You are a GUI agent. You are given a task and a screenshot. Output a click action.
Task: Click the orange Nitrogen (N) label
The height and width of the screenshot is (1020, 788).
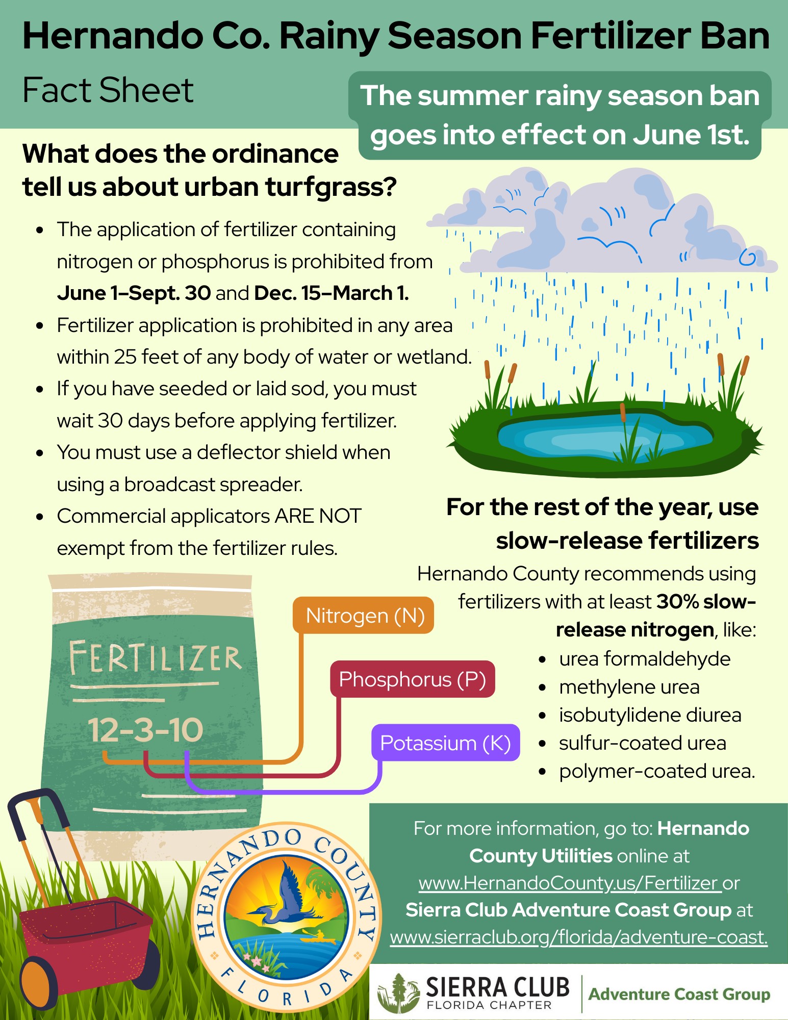pos(364,616)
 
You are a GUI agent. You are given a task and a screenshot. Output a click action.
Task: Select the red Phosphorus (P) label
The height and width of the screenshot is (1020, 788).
pos(413,679)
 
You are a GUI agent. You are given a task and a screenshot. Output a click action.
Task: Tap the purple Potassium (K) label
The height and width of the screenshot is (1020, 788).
pos(445,743)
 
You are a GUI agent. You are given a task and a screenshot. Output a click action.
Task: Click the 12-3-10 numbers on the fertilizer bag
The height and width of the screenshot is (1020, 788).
pos(145,730)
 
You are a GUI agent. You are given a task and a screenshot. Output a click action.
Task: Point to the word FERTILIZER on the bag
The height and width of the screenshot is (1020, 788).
pos(155,657)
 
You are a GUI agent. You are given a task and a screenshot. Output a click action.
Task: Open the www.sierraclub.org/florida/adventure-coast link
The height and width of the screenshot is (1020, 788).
pos(579,937)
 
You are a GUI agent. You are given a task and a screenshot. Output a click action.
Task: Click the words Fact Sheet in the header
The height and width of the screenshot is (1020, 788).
pos(108,90)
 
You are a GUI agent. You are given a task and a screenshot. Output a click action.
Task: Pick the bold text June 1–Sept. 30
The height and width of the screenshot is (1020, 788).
pos(134,293)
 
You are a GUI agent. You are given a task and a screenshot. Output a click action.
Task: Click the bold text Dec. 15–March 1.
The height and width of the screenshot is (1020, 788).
pos(332,293)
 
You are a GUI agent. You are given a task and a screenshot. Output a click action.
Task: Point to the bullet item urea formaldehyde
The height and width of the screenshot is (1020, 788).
pos(645,659)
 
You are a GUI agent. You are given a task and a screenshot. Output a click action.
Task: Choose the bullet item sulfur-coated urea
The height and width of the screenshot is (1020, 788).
pos(643,743)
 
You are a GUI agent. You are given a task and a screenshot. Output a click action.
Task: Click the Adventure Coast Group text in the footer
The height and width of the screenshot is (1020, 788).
pos(679,994)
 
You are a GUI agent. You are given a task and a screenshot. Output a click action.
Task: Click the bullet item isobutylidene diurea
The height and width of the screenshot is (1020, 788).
pos(650,715)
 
